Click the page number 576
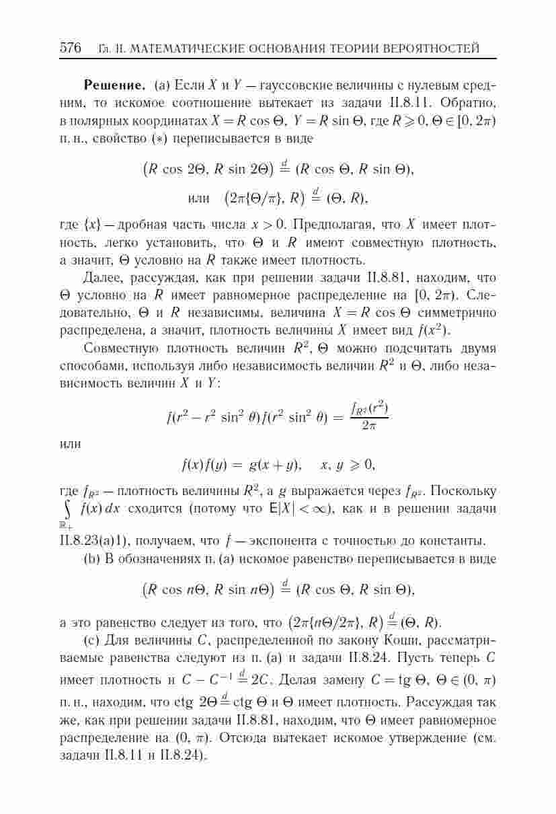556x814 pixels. pyautogui.click(x=71, y=48)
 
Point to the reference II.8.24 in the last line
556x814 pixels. pyautogui.click(x=183, y=755)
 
